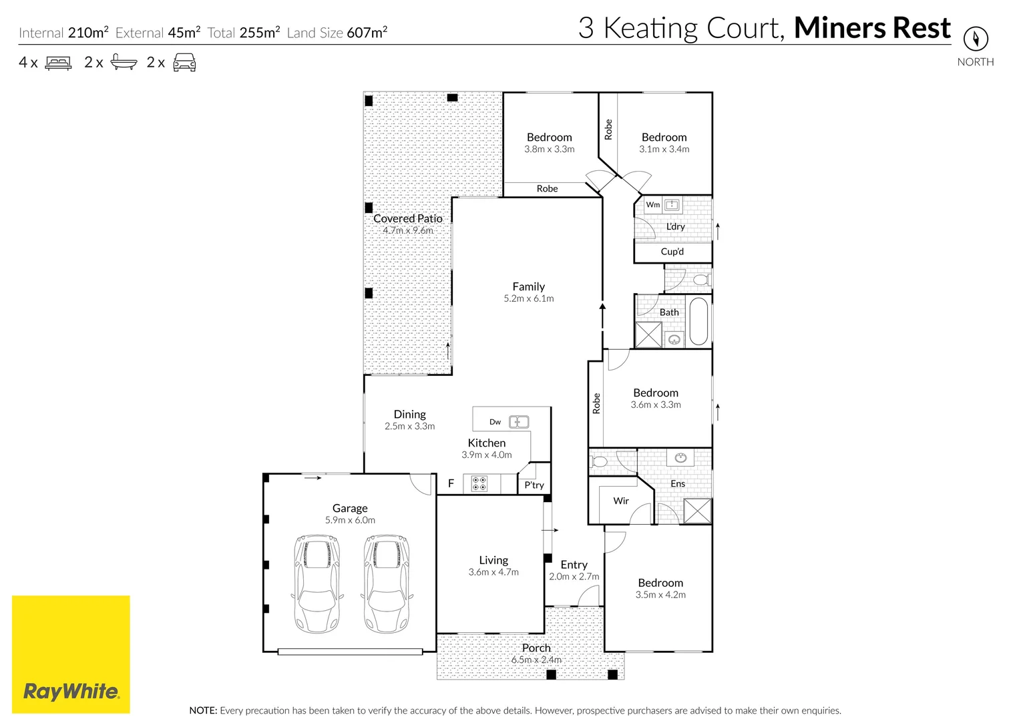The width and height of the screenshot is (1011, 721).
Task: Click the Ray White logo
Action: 71,654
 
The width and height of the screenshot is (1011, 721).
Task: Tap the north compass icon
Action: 976,38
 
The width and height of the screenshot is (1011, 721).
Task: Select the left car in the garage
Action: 317,583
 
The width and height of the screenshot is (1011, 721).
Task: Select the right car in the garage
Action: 386,583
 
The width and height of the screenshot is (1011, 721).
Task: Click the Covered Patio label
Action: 407,218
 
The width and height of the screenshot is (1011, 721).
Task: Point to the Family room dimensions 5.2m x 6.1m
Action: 528,298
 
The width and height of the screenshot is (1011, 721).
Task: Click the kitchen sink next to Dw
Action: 519,422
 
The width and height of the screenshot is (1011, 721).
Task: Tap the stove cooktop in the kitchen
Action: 479,483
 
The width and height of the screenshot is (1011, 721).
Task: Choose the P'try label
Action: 534,485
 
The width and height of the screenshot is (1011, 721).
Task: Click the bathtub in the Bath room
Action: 698,322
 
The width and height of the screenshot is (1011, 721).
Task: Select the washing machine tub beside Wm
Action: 672,205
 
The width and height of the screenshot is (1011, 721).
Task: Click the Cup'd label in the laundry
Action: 672,252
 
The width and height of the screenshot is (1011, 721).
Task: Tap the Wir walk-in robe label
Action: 621,501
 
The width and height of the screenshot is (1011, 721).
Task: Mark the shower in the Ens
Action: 697,511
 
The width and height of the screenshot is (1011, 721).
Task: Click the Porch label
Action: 536,648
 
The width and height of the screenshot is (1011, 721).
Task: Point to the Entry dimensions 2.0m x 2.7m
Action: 574,576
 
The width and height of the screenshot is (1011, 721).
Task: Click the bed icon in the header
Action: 58,63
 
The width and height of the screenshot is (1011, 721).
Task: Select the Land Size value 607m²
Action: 366,33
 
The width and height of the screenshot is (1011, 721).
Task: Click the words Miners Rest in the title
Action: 871,28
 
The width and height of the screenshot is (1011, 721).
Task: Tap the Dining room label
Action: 409,414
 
